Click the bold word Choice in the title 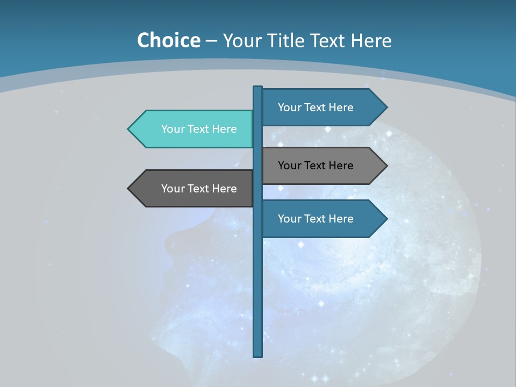point(168,40)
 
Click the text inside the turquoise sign point(199,129)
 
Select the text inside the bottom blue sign point(316,219)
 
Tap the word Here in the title point(371,40)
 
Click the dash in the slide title point(211,41)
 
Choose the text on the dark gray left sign point(199,189)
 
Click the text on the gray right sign point(316,166)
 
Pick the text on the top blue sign point(316,107)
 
